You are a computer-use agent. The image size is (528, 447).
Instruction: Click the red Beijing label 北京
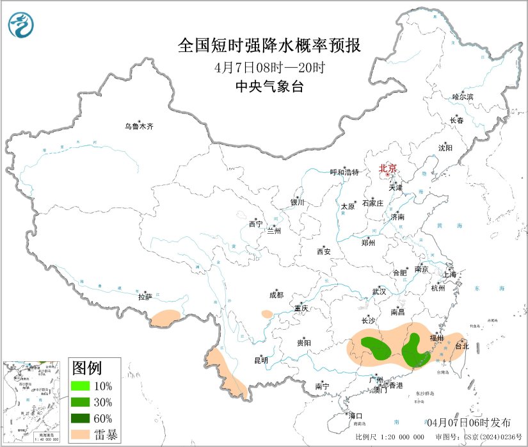[388, 168]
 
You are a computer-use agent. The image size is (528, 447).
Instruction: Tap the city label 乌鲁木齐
[139, 126]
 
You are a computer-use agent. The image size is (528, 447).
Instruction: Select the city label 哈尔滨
[462, 97]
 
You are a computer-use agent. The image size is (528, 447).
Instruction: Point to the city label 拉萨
[145, 297]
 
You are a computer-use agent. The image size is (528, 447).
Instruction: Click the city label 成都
[276, 295]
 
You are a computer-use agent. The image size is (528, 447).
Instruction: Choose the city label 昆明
[260, 360]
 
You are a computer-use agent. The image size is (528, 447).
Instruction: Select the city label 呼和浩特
[344, 172]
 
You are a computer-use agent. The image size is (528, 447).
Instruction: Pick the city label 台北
[461, 346]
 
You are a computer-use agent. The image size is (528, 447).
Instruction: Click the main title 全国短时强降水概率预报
[269, 46]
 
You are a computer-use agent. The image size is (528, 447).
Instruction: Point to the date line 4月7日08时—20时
[269, 67]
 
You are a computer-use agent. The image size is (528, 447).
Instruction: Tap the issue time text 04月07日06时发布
[468, 422]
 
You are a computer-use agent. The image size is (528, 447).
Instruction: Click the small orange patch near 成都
[267, 314]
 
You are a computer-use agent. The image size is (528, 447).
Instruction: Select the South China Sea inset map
[33, 402]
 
